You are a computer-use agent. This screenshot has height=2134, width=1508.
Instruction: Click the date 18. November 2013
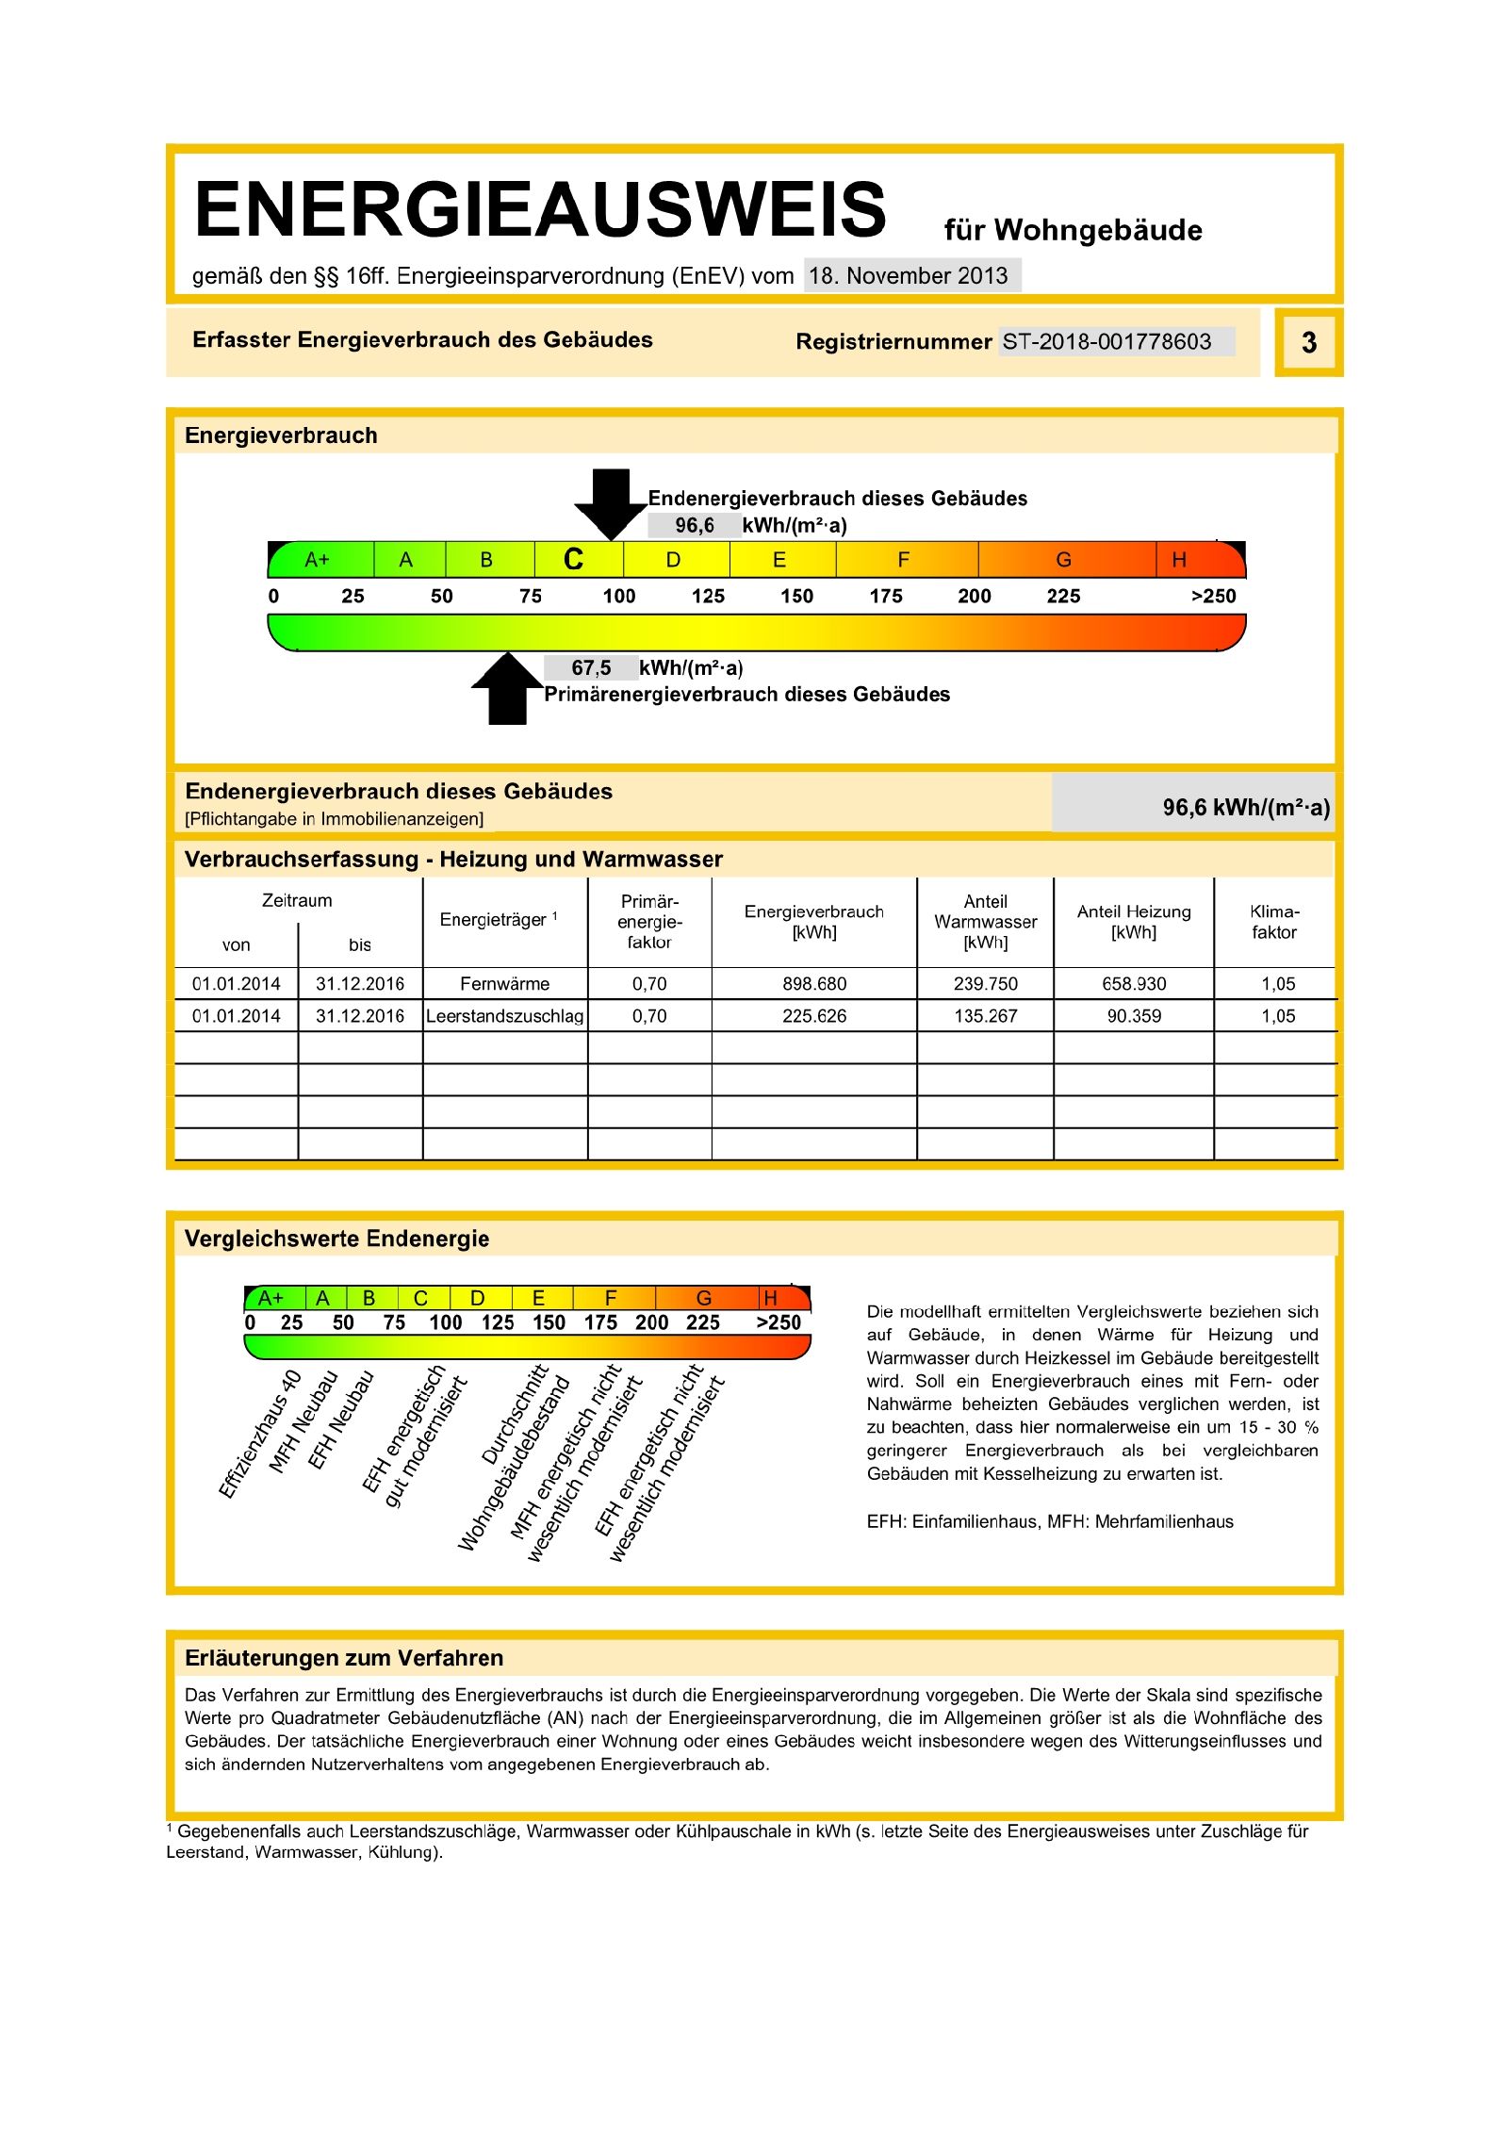(909, 276)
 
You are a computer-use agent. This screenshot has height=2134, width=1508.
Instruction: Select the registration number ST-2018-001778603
(1107, 341)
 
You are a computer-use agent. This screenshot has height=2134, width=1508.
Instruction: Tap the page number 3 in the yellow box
(1308, 342)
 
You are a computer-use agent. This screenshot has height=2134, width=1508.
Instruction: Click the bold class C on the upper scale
(573, 560)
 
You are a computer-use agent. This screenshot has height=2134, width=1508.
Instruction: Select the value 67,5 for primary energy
(591, 668)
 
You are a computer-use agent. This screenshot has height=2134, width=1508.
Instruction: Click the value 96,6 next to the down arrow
(695, 526)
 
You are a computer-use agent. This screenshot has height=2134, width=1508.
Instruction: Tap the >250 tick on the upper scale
(1213, 596)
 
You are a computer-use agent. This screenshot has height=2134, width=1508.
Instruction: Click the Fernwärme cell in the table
(504, 984)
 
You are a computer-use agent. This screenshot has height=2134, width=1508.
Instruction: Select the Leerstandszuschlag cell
(504, 1016)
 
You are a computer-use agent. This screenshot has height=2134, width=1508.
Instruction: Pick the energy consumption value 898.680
(814, 984)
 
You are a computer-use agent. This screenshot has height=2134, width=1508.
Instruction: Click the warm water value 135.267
(985, 1016)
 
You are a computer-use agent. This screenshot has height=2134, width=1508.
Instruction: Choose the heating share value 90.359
(1134, 1016)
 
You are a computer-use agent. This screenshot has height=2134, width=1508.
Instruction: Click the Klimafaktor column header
(1274, 922)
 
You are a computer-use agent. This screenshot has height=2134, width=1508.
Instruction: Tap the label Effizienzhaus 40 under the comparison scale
(260, 1434)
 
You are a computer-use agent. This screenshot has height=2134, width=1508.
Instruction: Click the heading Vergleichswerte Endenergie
(336, 1239)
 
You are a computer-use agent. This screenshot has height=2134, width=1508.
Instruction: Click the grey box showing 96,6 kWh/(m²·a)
(1193, 807)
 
